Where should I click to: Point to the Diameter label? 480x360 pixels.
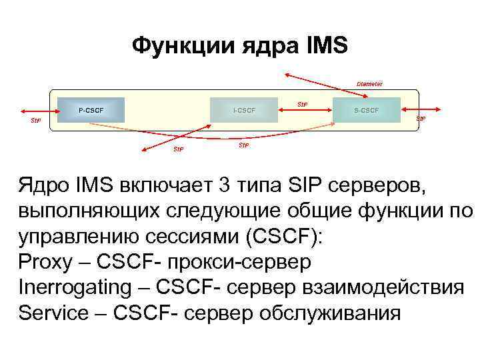pos(369,84)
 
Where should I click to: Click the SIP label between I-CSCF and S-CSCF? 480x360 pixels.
pos(302,104)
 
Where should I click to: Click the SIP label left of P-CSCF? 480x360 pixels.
pos(36,121)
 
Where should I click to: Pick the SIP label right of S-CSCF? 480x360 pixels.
pos(421,118)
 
